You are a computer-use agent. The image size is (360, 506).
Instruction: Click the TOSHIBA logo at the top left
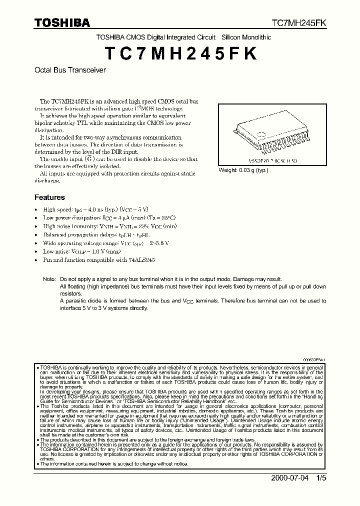click(62, 22)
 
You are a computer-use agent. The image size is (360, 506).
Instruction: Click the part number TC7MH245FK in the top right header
click(299, 23)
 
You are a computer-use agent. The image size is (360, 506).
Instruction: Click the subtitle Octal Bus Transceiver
click(70, 70)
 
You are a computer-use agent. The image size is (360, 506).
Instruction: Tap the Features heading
click(49, 197)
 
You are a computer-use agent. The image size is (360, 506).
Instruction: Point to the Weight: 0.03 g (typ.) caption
click(243, 170)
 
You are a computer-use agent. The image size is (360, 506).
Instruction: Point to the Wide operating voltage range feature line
click(105, 243)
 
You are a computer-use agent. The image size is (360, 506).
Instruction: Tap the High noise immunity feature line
click(110, 226)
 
